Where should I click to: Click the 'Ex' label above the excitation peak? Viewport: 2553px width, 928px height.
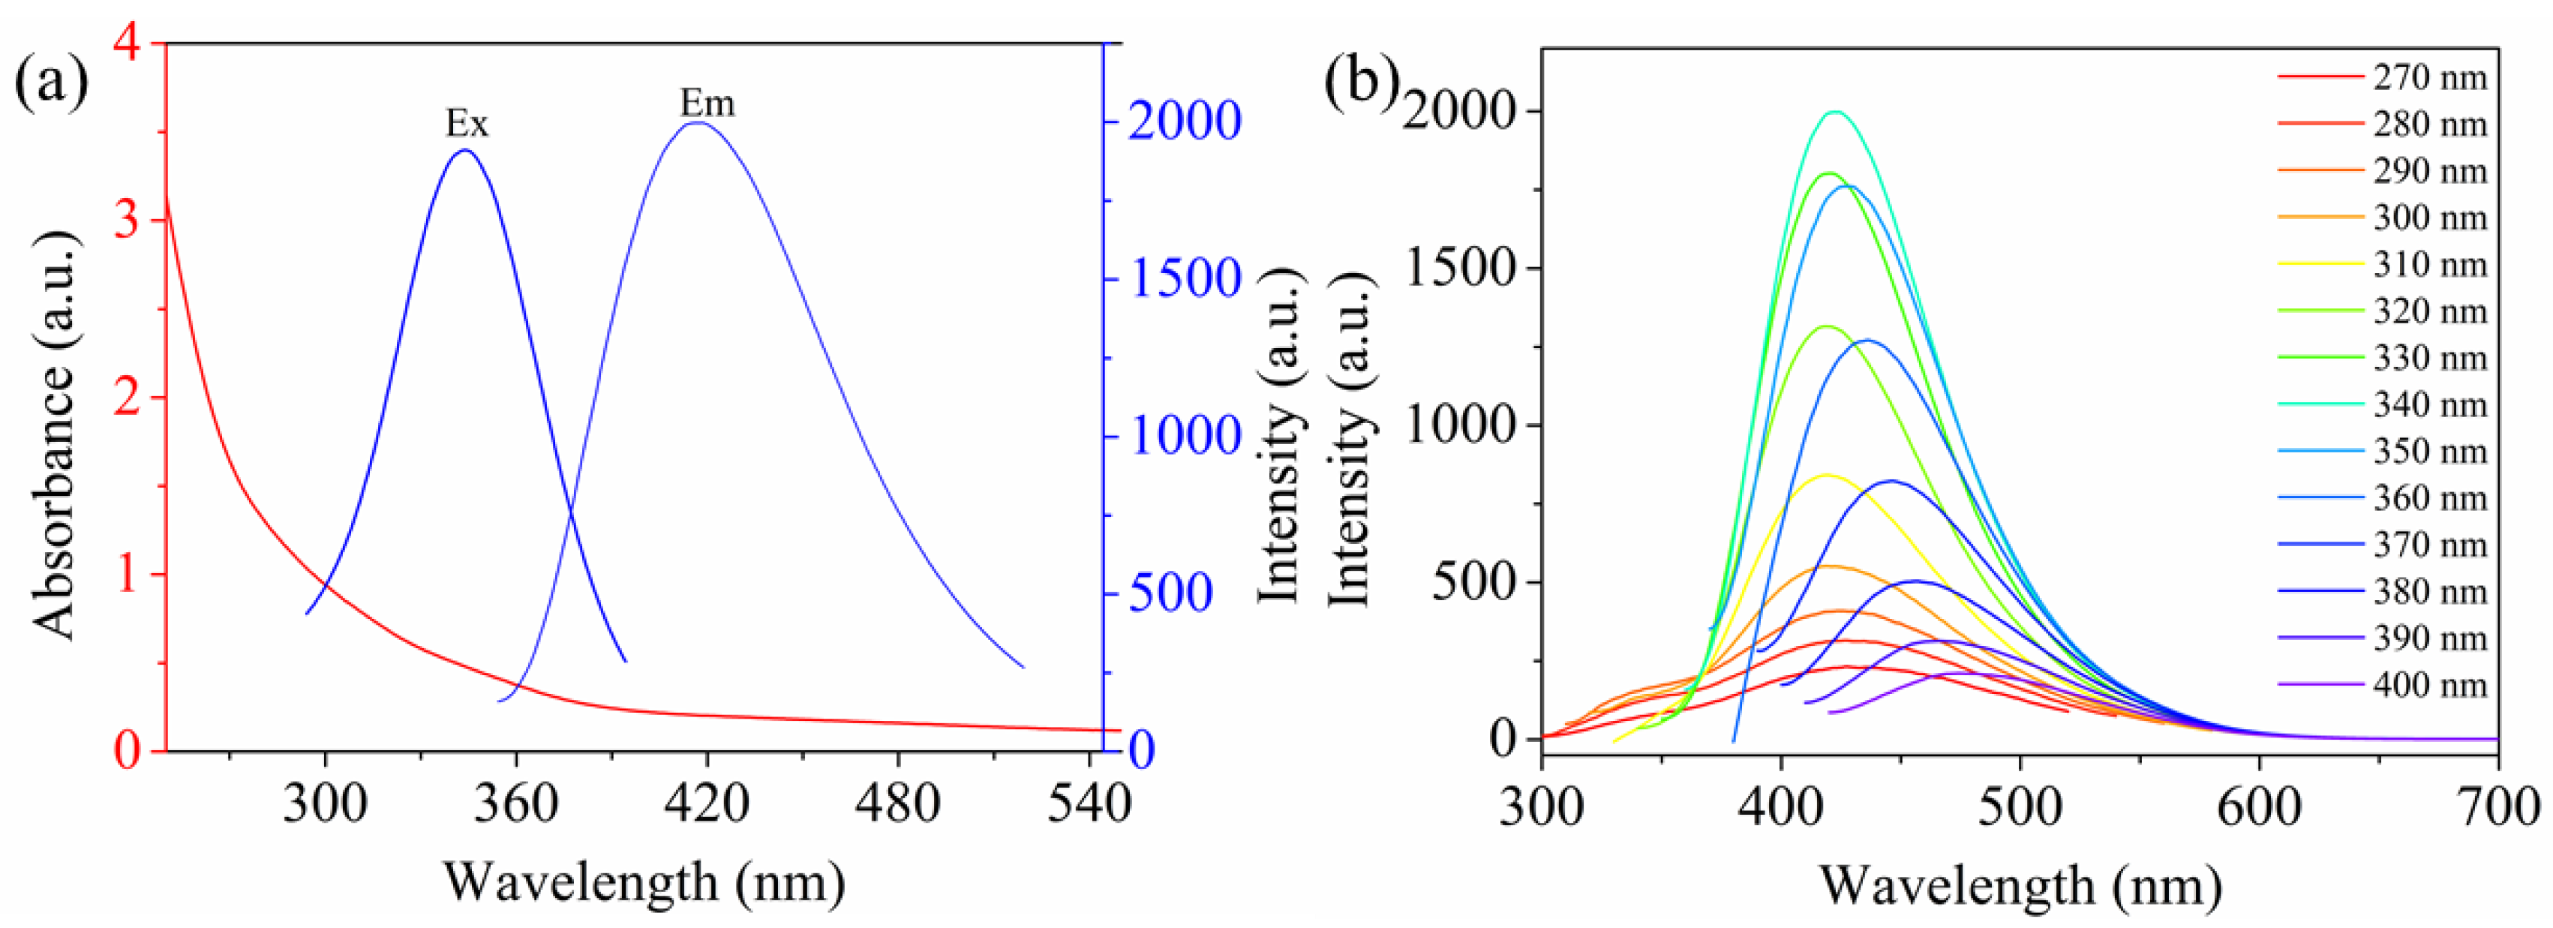(467, 124)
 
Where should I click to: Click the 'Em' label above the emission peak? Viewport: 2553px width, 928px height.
(707, 103)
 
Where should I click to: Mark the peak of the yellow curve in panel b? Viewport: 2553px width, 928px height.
(1825, 476)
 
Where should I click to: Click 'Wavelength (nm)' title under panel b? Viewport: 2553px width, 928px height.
(2020, 884)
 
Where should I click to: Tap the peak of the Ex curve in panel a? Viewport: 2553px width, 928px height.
(465, 151)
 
